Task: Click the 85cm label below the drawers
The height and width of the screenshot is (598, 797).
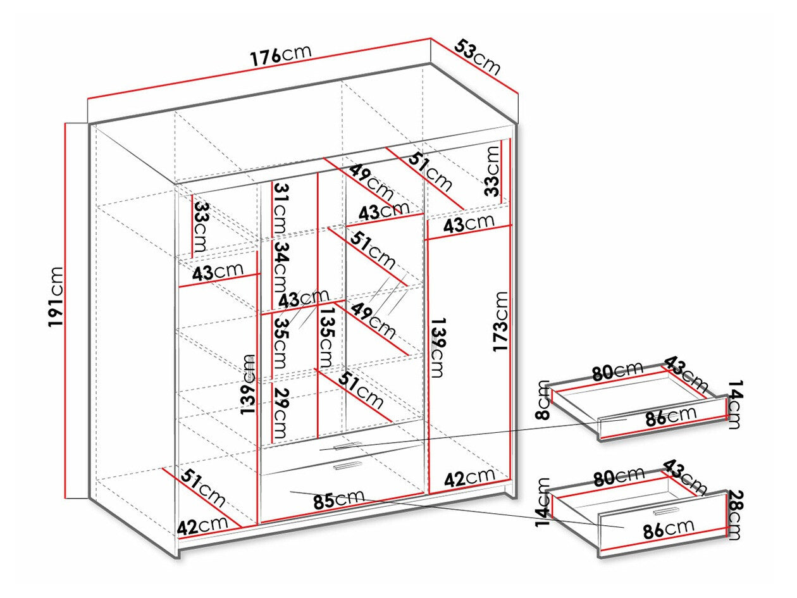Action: point(338,500)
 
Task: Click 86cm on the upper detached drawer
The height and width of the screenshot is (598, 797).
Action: point(670,416)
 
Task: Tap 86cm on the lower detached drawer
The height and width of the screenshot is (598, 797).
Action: point(669,526)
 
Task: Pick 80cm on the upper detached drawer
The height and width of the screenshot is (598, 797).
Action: point(617,371)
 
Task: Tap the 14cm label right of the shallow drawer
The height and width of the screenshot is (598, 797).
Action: point(734,405)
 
